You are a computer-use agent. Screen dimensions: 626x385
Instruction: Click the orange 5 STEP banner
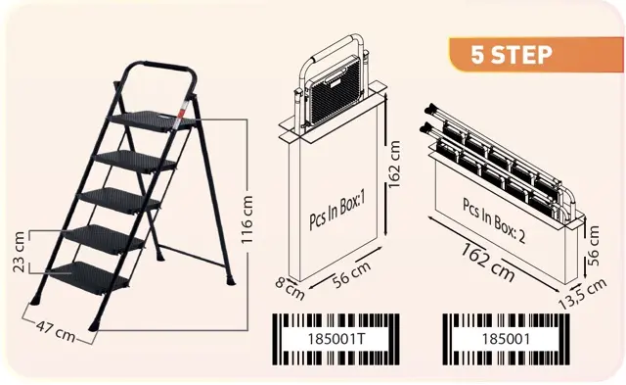click(536, 55)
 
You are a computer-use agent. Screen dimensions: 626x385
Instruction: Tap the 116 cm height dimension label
click(247, 219)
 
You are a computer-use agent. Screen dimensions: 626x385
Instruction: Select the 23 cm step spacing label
click(19, 252)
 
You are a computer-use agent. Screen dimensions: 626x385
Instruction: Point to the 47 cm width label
click(55, 331)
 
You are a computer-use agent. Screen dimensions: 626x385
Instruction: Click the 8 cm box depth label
click(290, 289)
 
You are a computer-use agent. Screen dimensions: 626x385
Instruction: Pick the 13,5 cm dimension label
click(582, 293)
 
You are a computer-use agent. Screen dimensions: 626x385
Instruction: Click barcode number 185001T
click(336, 339)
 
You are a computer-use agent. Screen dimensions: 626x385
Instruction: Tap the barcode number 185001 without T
click(506, 339)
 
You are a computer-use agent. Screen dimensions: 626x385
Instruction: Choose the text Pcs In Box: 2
click(493, 220)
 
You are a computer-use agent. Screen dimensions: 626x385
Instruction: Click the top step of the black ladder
click(151, 120)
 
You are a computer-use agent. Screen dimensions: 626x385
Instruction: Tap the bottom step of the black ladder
click(89, 277)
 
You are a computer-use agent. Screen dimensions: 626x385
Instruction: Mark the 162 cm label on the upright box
click(394, 165)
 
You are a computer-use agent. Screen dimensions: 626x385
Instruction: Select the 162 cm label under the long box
click(488, 262)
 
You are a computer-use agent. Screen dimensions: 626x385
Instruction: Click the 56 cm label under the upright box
click(352, 273)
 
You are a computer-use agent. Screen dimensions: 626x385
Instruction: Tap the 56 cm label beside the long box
click(594, 246)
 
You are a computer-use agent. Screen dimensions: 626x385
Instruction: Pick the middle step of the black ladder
click(119, 201)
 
